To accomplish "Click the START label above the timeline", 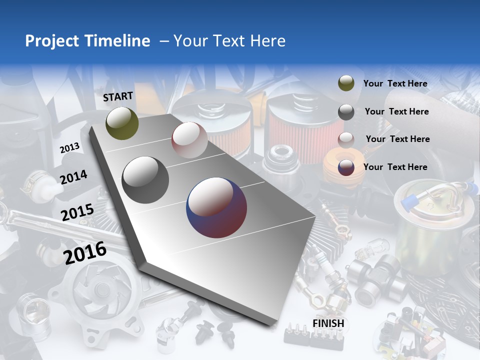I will [x=118, y=96].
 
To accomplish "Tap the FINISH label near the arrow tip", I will [x=328, y=323].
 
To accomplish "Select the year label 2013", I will [x=70, y=148].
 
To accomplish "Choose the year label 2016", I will [x=85, y=252].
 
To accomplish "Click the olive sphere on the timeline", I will [x=122, y=123].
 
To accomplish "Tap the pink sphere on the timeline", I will [x=189, y=140].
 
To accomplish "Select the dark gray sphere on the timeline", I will [x=145, y=180].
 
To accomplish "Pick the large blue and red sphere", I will [x=216, y=207].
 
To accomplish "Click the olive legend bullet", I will [x=346, y=83].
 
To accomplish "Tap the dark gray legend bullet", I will [x=346, y=112].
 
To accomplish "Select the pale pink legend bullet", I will [x=346, y=139].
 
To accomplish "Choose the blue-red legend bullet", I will [x=346, y=167].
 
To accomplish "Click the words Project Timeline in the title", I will [x=87, y=41].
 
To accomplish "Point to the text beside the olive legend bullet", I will [x=395, y=83].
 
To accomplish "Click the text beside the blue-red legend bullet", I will [x=395, y=167].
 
